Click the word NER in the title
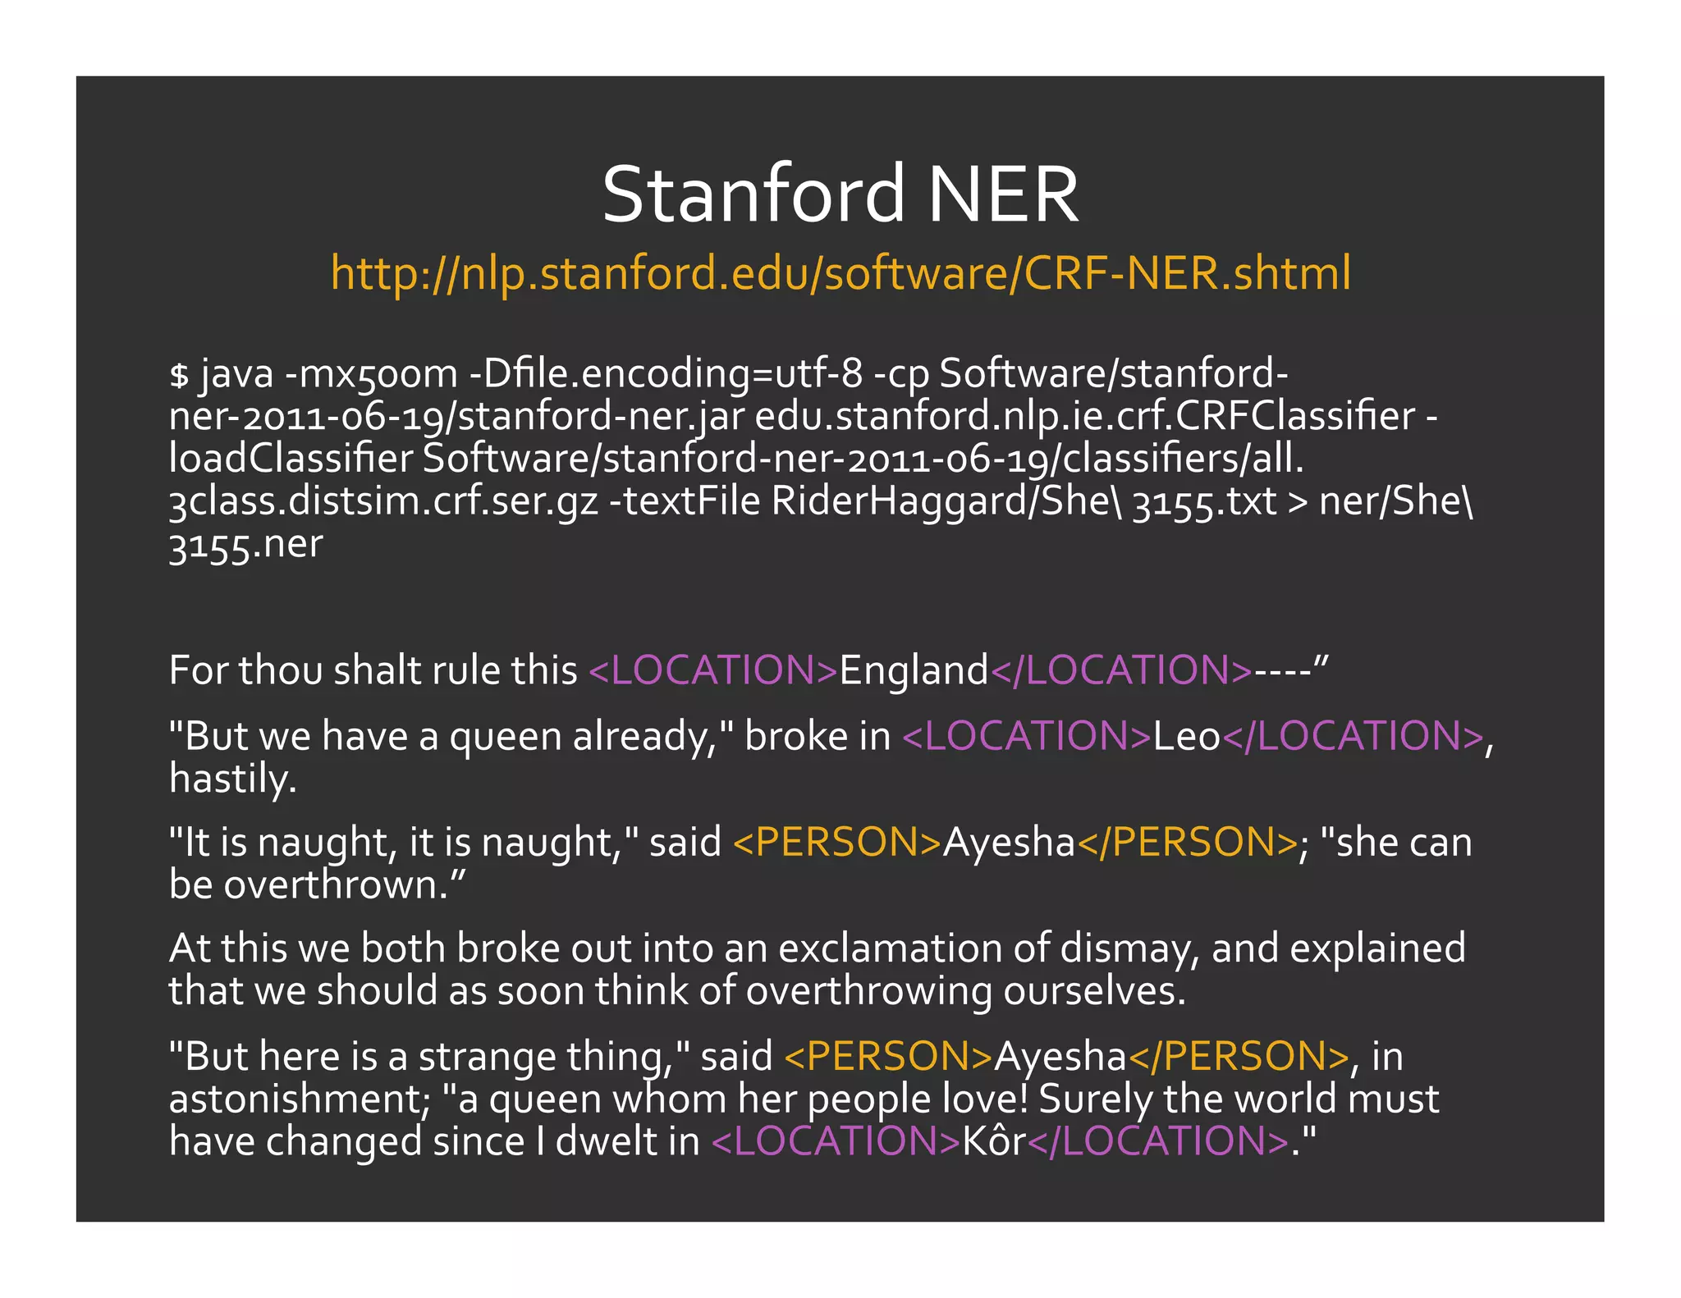tap(1003, 194)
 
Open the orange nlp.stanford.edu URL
tap(840, 273)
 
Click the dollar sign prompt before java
tap(179, 375)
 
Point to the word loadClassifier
tap(290, 459)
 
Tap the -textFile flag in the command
tap(685, 501)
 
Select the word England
tap(914, 671)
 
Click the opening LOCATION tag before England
tap(713, 670)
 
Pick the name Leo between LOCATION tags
tap(1187, 736)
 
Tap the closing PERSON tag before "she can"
tap(1187, 843)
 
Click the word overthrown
tap(336, 885)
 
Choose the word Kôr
tap(993, 1141)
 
